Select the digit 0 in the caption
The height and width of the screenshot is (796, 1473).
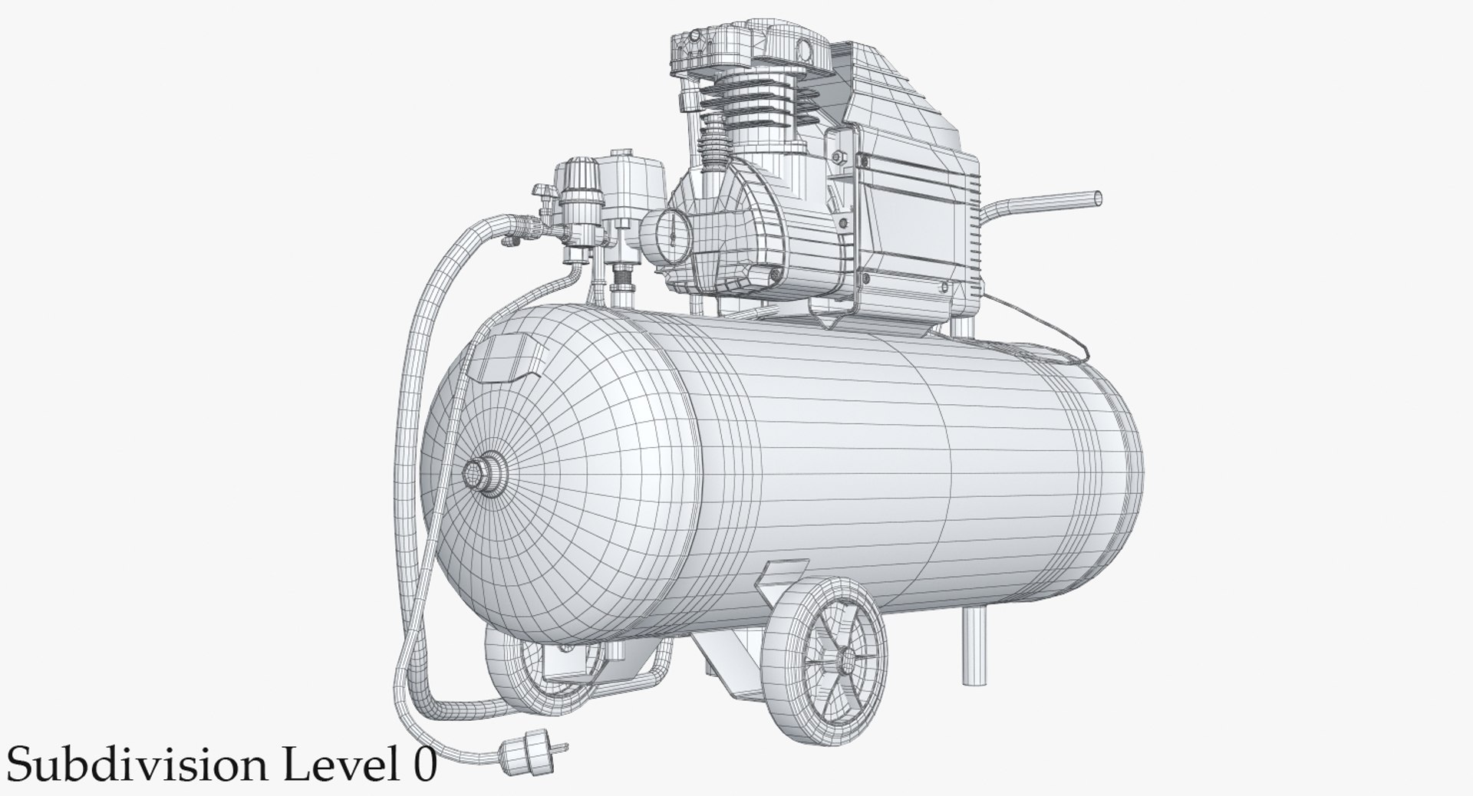coord(420,766)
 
